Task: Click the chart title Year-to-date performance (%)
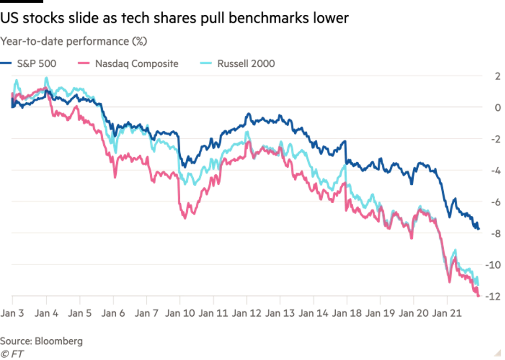coord(74,41)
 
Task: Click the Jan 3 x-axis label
coord(12,313)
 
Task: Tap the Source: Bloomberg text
coord(42,341)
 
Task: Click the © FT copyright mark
coord(12,354)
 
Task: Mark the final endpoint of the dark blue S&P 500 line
coord(479,229)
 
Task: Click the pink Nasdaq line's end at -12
coord(479,295)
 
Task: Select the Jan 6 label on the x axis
coord(113,313)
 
